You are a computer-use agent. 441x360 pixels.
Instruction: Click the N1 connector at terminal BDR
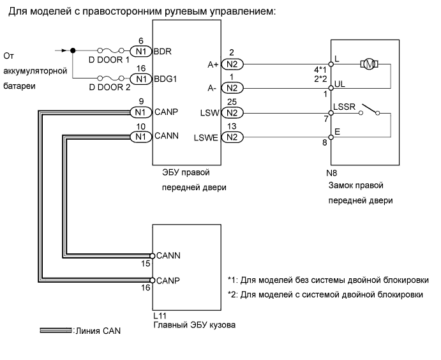pyautogui.click(x=140, y=50)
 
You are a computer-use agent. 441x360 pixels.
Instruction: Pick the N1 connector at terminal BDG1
pyautogui.click(x=140, y=79)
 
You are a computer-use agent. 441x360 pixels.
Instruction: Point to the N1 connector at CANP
pyautogui.click(x=140, y=112)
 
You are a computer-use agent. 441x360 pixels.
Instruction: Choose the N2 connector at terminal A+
pyautogui.click(x=233, y=64)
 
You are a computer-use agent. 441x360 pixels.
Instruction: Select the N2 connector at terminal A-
pyautogui.click(x=233, y=87)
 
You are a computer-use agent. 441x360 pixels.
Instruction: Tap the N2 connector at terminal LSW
pyautogui.click(x=233, y=113)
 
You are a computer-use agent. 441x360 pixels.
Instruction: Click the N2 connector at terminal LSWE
pyautogui.click(x=233, y=136)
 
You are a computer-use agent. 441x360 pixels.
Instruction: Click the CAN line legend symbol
pyautogui.click(x=56, y=331)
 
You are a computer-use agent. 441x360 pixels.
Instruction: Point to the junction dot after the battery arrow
pyautogui.click(x=73, y=50)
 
